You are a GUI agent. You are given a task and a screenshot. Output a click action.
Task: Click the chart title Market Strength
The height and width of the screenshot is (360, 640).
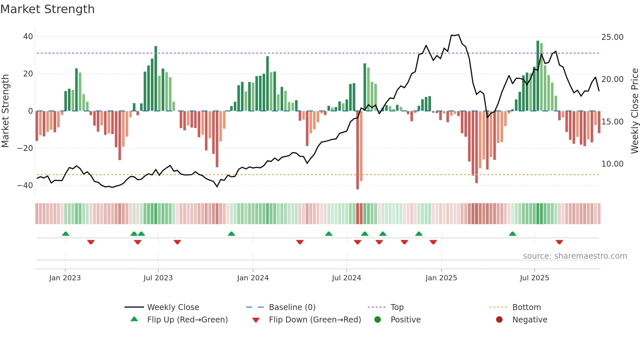(47, 9)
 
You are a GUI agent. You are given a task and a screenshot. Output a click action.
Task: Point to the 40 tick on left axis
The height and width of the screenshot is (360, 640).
(28, 37)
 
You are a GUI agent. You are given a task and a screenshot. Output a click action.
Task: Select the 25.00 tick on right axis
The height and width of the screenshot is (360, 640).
(612, 37)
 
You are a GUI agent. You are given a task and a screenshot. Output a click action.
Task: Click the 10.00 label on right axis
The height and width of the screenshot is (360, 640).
(612, 164)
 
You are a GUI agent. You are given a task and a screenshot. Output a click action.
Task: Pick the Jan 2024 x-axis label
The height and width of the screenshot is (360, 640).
(253, 278)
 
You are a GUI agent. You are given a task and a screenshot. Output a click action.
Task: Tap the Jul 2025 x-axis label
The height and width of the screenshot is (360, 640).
(534, 278)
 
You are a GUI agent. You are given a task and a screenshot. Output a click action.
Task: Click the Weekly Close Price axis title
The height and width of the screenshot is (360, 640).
(634, 111)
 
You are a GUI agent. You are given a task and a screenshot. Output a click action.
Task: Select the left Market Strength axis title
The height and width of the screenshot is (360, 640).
(5, 111)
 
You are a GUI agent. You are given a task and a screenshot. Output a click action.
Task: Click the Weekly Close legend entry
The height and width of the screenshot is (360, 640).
(173, 307)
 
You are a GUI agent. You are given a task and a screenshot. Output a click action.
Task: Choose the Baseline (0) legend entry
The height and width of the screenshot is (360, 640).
(292, 307)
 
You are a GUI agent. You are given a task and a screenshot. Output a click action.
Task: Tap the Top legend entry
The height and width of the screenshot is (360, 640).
(397, 307)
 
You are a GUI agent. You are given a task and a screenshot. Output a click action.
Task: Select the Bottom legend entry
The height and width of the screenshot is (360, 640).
(526, 307)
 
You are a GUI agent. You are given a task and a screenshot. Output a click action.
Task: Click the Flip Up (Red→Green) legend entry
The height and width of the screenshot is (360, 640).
(187, 320)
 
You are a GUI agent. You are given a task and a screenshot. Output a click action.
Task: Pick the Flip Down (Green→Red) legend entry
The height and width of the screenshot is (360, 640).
(315, 320)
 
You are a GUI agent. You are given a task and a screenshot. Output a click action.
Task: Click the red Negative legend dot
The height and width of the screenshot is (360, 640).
(499, 320)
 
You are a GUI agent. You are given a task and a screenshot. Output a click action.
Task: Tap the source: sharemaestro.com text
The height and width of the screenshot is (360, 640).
(575, 256)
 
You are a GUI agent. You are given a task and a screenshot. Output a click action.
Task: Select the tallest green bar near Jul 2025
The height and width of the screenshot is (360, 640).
(538, 76)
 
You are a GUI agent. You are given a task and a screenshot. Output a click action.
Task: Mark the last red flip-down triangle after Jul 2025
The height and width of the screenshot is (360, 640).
(559, 242)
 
